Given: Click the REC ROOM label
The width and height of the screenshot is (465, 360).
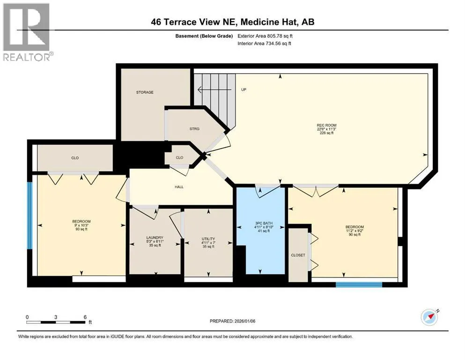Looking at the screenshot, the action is [x=326, y=125].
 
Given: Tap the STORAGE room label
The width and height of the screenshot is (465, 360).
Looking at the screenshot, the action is [x=145, y=92].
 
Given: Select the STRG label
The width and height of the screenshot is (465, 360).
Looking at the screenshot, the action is [x=194, y=129].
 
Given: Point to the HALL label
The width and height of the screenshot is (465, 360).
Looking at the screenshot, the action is [x=179, y=187].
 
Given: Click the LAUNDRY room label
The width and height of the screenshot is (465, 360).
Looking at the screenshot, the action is [x=155, y=238].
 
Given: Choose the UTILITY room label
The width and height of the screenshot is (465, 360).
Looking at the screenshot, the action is [x=208, y=239].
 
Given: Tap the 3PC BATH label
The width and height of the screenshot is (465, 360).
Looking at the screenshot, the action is [x=264, y=223].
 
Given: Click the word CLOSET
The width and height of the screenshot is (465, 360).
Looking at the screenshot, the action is [x=298, y=255].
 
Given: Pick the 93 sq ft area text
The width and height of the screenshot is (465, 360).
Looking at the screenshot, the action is [x=81, y=229].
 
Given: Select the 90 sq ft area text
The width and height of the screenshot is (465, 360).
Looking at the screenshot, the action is [x=354, y=234].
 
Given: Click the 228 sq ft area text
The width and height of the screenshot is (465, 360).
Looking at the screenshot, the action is [x=326, y=133].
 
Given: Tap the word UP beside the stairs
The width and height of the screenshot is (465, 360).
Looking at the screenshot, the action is [x=244, y=90].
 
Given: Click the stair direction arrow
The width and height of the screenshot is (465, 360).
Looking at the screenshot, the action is [x=214, y=89].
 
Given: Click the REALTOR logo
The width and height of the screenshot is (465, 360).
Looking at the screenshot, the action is [x=27, y=32].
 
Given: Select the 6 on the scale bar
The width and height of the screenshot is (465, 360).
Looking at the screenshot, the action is [x=85, y=317].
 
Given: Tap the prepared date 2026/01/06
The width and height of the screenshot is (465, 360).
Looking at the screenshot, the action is [x=245, y=321].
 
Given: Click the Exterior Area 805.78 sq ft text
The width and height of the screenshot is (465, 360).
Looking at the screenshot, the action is [x=265, y=36].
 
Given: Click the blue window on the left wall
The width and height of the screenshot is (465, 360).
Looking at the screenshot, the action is [x=30, y=216].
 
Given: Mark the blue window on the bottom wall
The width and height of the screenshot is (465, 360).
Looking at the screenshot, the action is [x=359, y=285].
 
